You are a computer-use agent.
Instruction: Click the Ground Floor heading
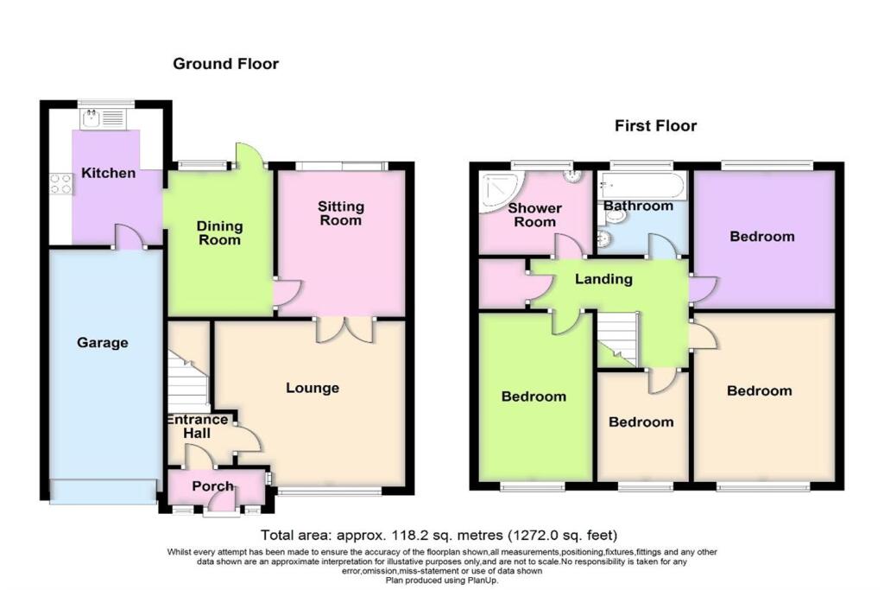click(225, 63)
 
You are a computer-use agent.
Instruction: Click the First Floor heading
click(655, 126)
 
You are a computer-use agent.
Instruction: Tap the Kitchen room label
click(108, 173)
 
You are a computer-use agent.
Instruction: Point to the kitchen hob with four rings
click(61, 182)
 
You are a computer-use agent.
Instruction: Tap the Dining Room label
click(219, 233)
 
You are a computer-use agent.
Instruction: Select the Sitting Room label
click(341, 213)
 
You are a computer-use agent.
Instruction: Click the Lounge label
click(313, 388)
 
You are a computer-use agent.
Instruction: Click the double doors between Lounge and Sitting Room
click(344, 329)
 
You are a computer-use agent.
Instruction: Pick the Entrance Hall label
click(198, 426)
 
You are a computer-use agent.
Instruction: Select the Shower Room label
click(534, 215)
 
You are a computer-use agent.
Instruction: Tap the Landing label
click(605, 279)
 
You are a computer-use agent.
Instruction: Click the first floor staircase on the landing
click(616, 339)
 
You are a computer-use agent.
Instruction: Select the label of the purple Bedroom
click(761, 236)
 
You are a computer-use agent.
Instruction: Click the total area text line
click(439, 535)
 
